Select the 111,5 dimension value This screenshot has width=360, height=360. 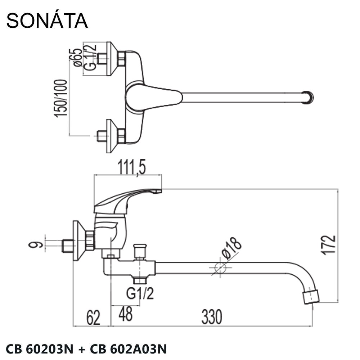[x=128, y=168]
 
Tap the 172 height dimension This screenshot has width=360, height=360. [x=328, y=245]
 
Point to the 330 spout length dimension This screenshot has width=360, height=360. [x=212, y=316]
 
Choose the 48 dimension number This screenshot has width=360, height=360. [x=125, y=314]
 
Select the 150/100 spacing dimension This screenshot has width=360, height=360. [x=60, y=98]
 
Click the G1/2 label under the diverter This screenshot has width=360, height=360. [x=140, y=294]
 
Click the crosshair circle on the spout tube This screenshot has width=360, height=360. [x=220, y=268]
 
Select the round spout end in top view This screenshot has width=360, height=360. [x=308, y=97]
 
